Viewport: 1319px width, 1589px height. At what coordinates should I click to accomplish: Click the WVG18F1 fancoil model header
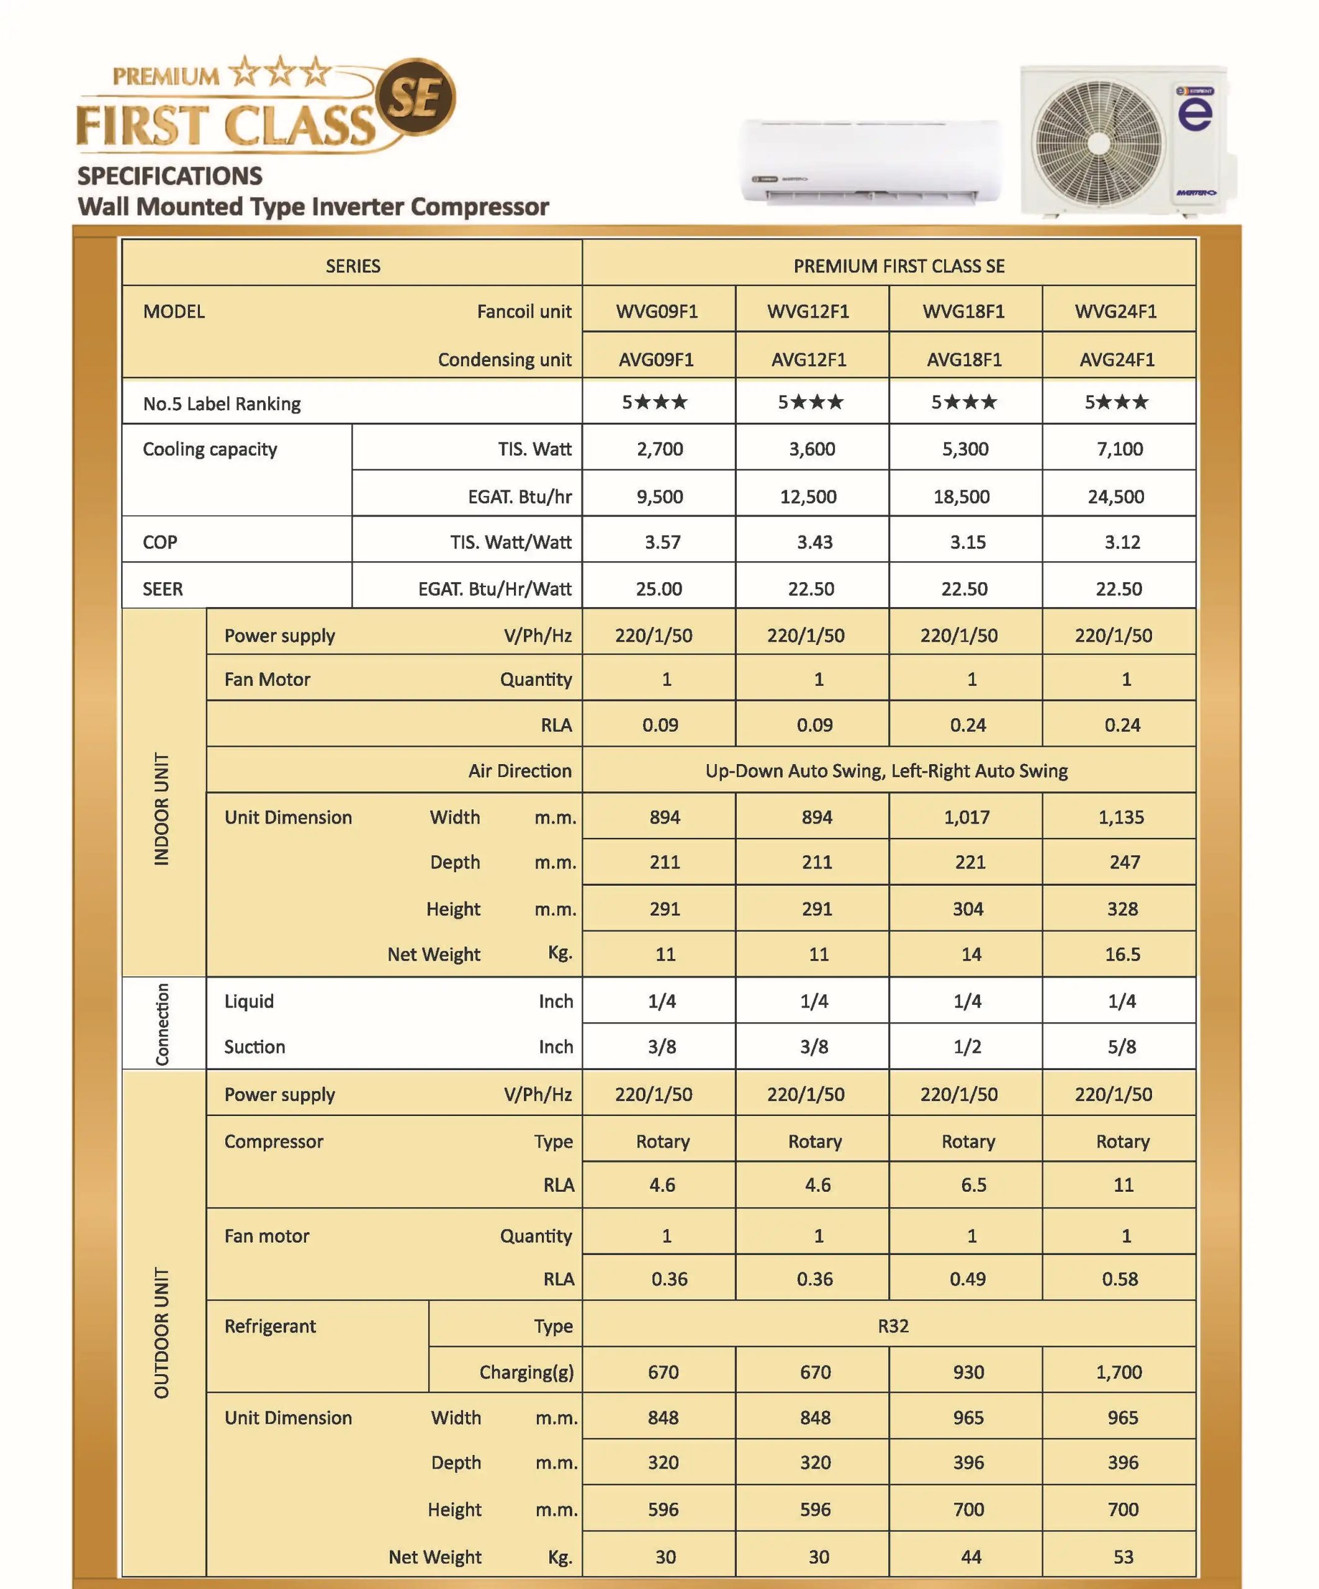[963, 311]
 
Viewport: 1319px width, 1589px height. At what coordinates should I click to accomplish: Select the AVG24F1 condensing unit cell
[1117, 359]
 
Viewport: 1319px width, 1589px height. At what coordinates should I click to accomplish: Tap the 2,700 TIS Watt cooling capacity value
[660, 449]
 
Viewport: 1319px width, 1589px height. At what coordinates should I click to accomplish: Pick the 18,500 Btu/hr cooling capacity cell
[962, 497]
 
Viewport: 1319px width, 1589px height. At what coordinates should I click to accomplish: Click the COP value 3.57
[662, 542]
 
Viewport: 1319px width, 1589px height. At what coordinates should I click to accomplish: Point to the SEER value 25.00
[659, 588]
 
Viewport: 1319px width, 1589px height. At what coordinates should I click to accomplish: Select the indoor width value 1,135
[1121, 817]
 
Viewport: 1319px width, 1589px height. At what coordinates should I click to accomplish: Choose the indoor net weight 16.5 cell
[1122, 954]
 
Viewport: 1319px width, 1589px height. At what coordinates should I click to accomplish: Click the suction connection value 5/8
[1122, 1047]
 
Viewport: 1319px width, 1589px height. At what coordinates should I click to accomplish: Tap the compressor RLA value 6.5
[973, 1185]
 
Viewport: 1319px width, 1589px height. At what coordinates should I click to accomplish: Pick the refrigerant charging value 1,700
[1119, 1372]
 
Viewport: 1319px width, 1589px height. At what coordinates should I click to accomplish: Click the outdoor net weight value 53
[1123, 1557]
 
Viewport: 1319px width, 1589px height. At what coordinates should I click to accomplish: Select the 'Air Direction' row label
[520, 770]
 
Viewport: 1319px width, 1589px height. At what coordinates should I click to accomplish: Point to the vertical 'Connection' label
[162, 1024]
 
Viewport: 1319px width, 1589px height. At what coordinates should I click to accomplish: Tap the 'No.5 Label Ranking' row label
[222, 403]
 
